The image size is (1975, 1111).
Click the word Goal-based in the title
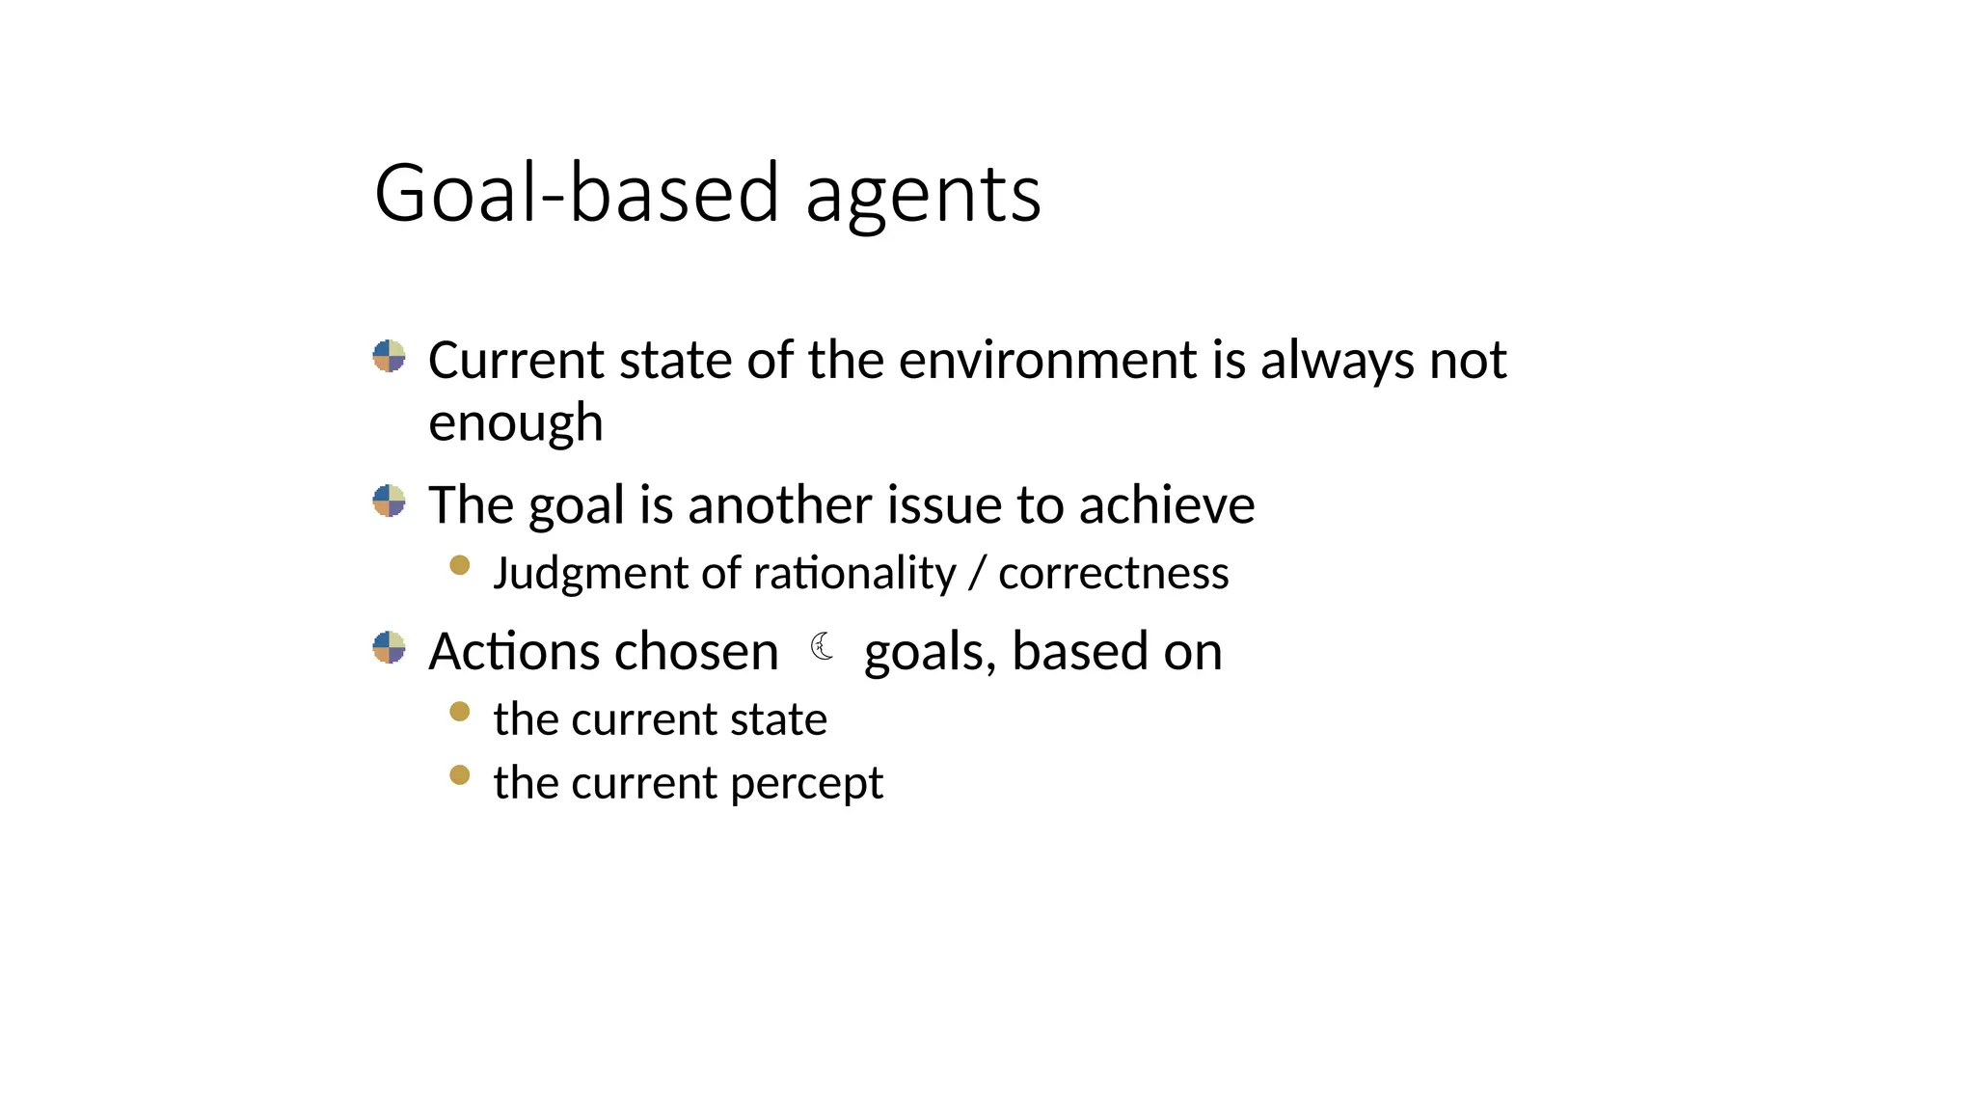pyautogui.click(x=576, y=193)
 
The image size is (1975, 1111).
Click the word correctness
pyautogui.click(x=1114, y=574)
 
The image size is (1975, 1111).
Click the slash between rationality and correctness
pyautogui.click(x=978, y=574)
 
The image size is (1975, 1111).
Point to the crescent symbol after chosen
pyautogui.click(x=823, y=646)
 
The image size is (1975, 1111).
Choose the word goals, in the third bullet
pyautogui.click(x=930, y=653)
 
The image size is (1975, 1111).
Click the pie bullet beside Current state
pyautogui.click(x=389, y=356)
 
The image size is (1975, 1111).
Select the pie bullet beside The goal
pyautogui.click(x=389, y=501)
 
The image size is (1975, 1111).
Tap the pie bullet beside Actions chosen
pyautogui.click(x=389, y=647)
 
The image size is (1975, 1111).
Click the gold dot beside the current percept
pyautogui.click(x=460, y=774)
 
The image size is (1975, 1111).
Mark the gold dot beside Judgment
pyautogui.click(x=460, y=565)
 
